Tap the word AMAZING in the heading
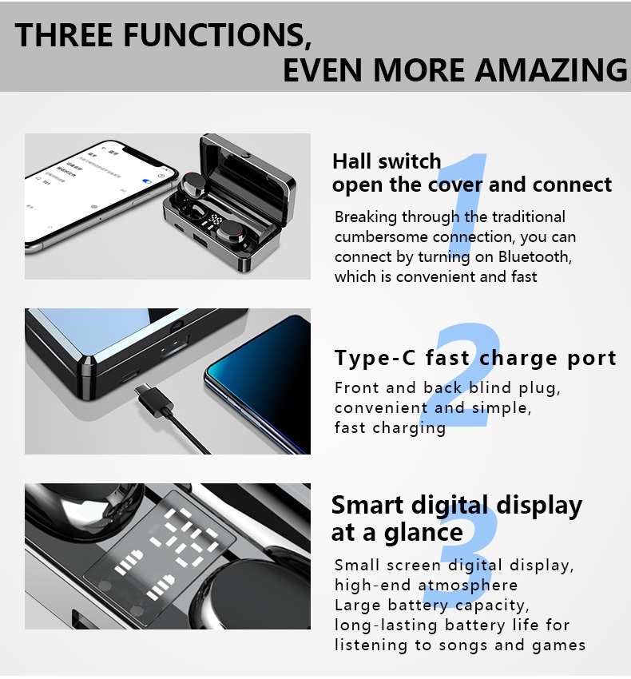[x=551, y=69]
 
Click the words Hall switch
[x=387, y=161]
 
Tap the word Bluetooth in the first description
[x=534, y=256]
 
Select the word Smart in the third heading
[x=367, y=505]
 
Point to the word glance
[x=423, y=533]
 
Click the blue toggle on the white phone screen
[x=147, y=181]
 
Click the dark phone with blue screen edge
[x=258, y=383]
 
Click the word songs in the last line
[x=463, y=645]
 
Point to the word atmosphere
[x=468, y=586]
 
